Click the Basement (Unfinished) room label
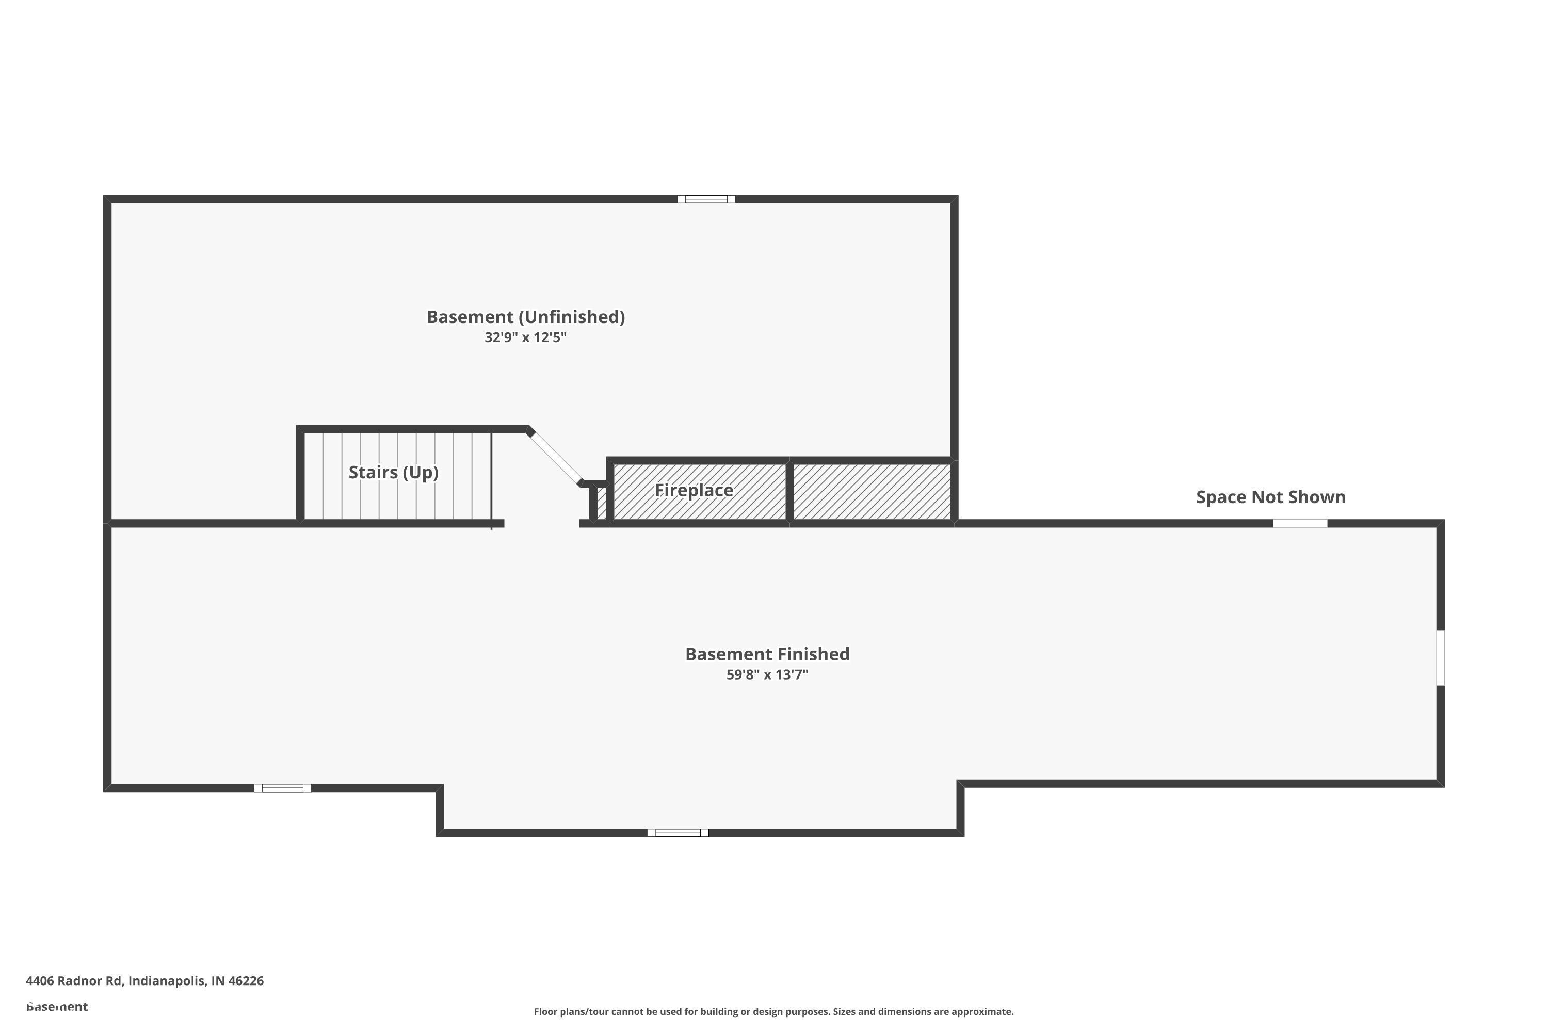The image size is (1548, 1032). [525, 317]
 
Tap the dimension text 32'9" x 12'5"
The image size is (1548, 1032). [525, 337]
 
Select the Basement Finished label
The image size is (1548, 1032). [767, 654]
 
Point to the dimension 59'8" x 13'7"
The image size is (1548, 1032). [767, 674]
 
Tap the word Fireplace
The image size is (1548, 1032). [694, 490]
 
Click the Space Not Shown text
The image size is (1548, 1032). [1270, 497]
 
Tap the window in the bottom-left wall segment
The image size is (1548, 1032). [282, 788]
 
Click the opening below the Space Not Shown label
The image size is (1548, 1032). [1299, 524]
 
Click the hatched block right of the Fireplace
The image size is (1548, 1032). [872, 492]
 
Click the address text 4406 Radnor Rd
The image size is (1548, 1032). [74, 981]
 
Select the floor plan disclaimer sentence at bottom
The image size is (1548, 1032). [773, 1011]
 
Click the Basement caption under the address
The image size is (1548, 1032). [57, 1006]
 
